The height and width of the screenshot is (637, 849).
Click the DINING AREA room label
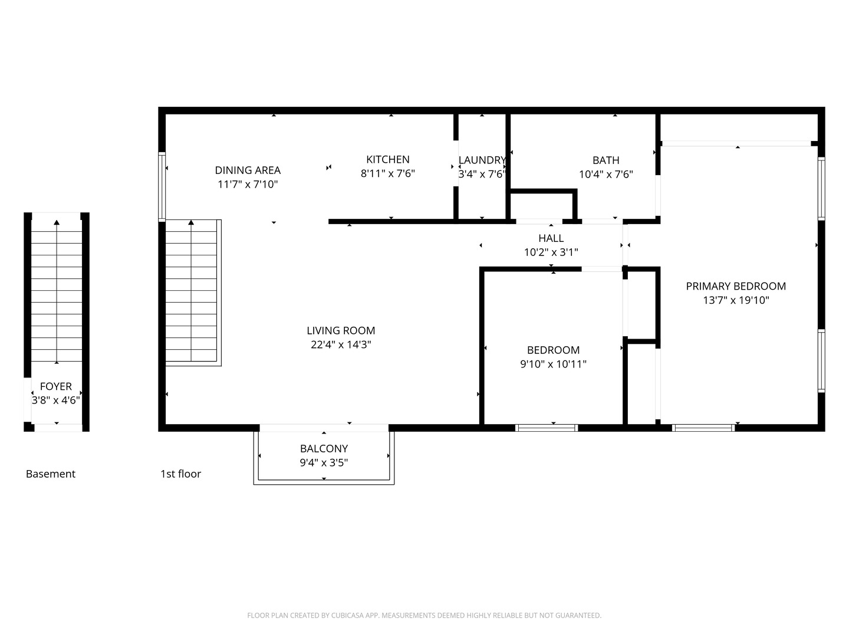coord(248,170)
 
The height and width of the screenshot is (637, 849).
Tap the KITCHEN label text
coord(388,159)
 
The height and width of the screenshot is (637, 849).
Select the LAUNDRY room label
coord(482,160)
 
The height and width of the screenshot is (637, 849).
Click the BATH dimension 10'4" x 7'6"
coord(606,175)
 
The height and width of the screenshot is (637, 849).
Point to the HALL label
coord(551,238)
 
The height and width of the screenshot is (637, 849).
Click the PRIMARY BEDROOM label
coord(736,286)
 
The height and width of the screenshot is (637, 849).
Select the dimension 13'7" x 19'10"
coord(736,300)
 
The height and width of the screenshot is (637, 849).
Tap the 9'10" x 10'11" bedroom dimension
coord(553,365)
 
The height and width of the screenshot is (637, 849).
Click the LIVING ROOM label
coord(341,331)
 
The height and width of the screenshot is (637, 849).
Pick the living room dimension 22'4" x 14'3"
coord(341,345)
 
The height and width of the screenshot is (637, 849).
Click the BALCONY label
coord(324,449)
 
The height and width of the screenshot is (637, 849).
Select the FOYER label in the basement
coord(56,386)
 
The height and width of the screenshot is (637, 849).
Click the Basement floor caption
coord(51,474)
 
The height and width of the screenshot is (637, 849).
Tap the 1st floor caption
coord(180,474)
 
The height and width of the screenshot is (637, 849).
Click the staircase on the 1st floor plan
coord(191,292)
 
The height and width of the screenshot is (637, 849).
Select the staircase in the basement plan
coord(57,289)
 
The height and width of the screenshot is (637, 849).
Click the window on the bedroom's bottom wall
coord(547,428)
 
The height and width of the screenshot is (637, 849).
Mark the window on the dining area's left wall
coord(162,186)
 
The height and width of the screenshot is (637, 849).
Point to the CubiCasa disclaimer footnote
coord(424,616)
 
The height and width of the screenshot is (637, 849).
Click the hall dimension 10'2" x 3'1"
coord(551,252)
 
